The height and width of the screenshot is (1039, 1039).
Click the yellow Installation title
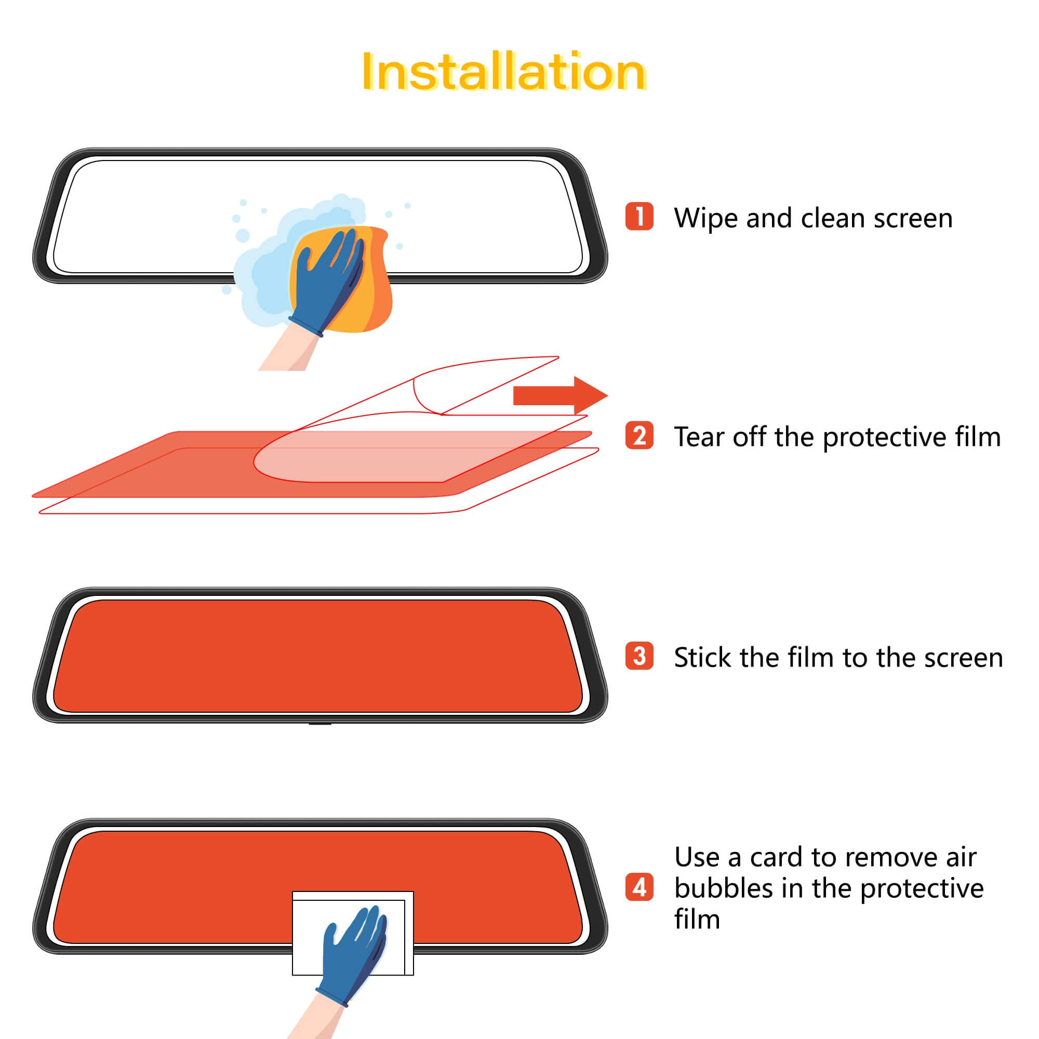point(503,72)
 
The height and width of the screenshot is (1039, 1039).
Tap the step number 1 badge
point(639,216)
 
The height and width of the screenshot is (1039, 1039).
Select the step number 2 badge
point(639,436)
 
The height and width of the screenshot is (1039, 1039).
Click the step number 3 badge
point(639,656)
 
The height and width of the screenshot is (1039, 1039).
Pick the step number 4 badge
point(639,888)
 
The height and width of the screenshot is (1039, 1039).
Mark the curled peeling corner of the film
point(428,395)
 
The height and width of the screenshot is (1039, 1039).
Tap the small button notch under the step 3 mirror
point(320,724)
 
